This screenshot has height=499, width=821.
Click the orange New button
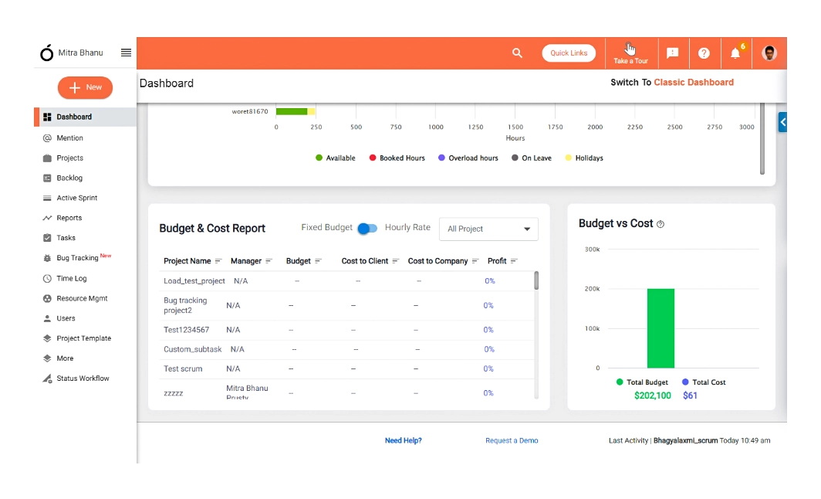tap(85, 88)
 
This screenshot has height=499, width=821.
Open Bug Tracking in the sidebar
tap(77, 258)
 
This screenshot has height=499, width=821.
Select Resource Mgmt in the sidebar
tap(82, 298)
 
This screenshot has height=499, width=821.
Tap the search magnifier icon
tap(517, 53)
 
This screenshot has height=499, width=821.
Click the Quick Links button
tap(569, 53)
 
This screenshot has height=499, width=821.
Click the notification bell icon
tap(735, 53)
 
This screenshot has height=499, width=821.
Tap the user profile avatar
tap(769, 53)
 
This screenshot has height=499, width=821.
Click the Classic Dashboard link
tap(694, 83)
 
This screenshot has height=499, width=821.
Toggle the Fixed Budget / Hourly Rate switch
tap(368, 229)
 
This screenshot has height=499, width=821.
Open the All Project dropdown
tap(488, 229)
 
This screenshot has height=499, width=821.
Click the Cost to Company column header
tap(438, 261)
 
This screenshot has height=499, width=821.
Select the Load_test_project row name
tap(194, 281)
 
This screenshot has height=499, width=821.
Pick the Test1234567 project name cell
tap(186, 330)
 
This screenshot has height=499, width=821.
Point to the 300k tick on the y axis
tap(592, 249)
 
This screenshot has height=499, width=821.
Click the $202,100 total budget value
tap(652, 395)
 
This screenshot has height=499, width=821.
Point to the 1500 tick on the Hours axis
tap(515, 127)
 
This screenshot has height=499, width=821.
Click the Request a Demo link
tap(512, 440)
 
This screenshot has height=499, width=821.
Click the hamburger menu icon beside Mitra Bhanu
tap(126, 53)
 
